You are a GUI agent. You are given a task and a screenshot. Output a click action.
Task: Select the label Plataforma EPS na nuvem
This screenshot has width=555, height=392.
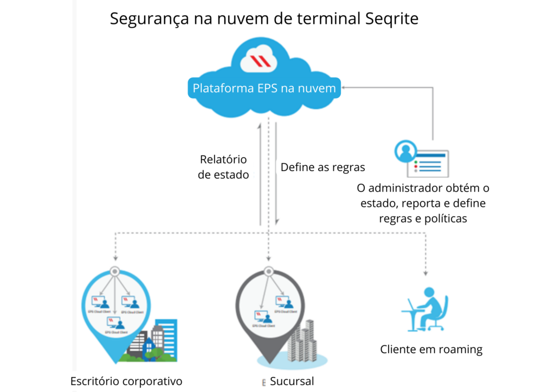(x=264, y=88)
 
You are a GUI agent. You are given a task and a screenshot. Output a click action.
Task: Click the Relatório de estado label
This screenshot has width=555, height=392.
(x=223, y=167)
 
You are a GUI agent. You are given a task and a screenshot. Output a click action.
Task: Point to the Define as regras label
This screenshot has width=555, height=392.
(x=322, y=167)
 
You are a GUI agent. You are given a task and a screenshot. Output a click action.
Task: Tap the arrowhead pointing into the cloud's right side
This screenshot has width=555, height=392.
(x=345, y=87)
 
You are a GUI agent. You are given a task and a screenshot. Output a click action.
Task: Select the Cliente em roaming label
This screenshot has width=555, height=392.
(x=431, y=349)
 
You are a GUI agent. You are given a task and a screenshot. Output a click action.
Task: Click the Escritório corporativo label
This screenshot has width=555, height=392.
(x=126, y=381)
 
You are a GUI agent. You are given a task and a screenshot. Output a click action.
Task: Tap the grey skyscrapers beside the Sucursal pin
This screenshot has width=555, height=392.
(x=301, y=341)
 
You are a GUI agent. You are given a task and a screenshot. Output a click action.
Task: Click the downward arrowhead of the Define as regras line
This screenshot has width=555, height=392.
(x=277, y=221)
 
